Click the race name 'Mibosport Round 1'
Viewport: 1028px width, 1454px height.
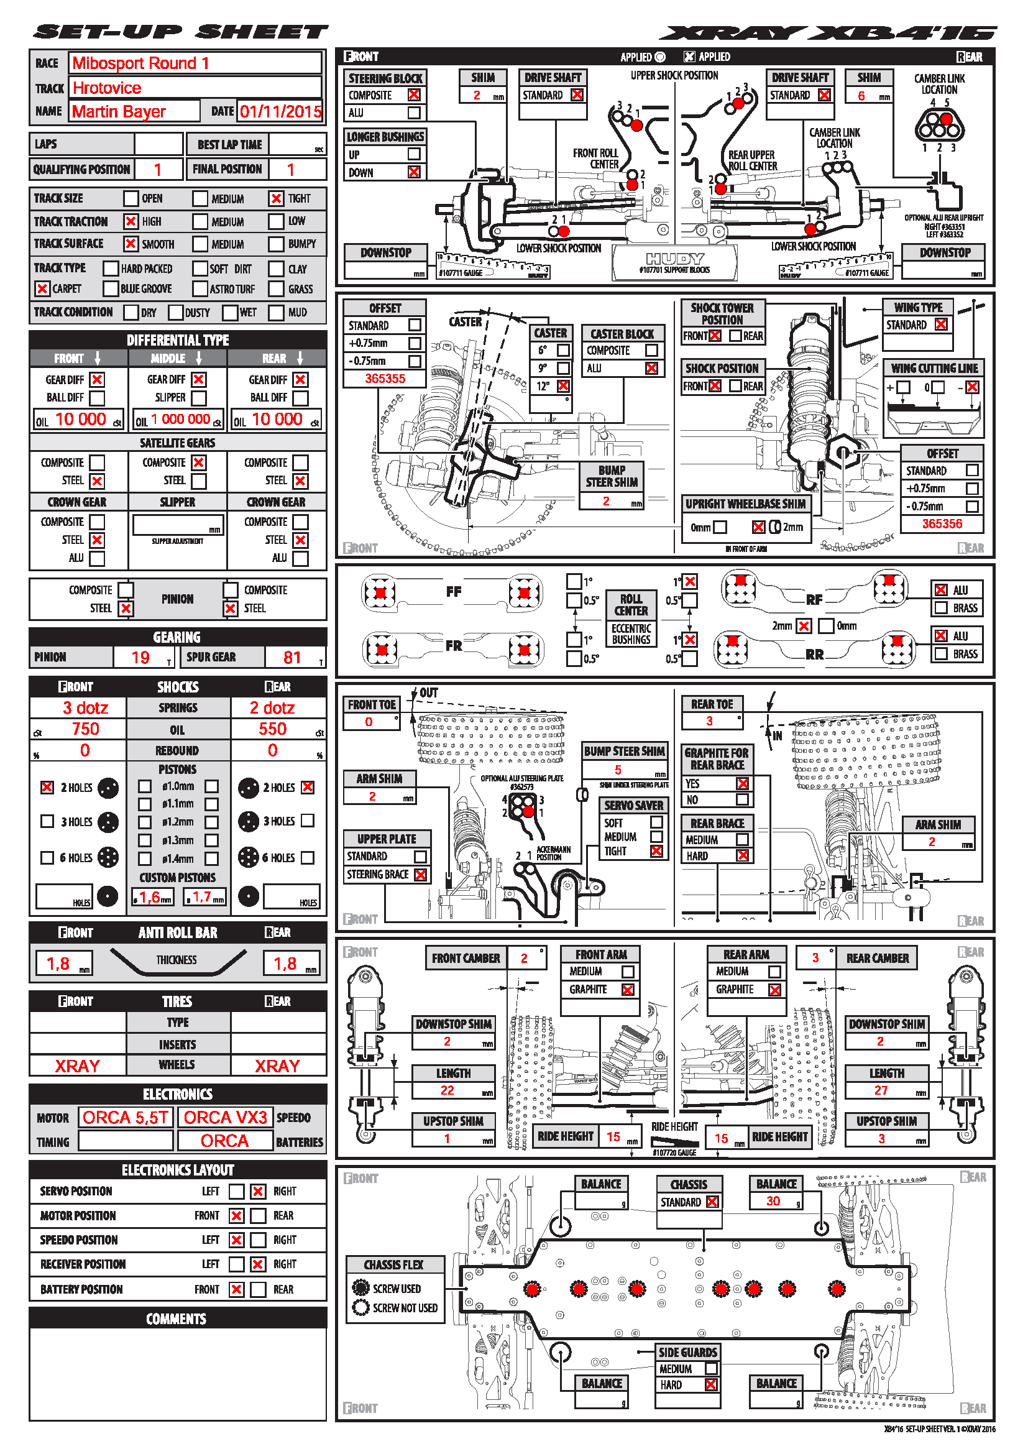(140, 63)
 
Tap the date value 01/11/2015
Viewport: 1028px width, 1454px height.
(280, 112)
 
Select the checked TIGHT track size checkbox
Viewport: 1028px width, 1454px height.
(276, 199)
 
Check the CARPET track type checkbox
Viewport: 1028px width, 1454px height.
(42, 289)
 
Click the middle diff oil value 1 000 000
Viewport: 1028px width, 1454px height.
(181, 419)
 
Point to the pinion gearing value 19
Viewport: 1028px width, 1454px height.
(140, 657)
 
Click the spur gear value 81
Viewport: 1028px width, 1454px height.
(292, 657)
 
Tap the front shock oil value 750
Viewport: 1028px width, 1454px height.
(85, 729)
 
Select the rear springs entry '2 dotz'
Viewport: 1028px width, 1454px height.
(272, 708)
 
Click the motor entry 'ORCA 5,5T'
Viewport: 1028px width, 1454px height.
(126, 1117)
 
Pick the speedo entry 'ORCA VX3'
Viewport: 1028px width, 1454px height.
(226, 1117)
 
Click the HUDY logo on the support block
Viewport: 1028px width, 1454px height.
(675, 259)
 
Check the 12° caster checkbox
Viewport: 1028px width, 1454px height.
(563, 385)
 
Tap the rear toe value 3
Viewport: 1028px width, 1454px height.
(710, 721)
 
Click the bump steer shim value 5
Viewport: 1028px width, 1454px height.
(618, 770)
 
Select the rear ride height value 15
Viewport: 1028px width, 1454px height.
(721, 1138)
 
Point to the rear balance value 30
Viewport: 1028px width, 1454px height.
(773, 1202)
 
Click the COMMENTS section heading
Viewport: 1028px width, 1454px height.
(177, 1318)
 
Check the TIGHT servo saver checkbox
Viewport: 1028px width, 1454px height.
(656, 852)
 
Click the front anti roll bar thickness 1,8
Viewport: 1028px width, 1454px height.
(58, 964)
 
